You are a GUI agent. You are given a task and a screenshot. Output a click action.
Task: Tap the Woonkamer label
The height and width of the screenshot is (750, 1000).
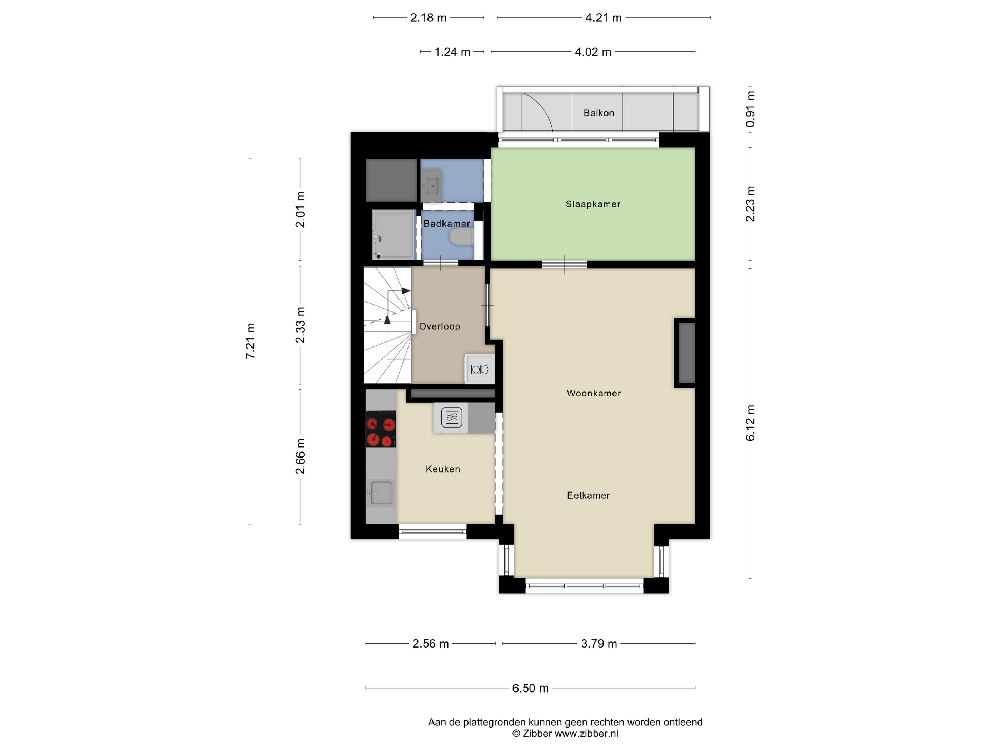coord(594,393)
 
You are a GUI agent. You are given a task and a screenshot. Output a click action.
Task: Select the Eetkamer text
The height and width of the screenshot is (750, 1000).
coord(588,495)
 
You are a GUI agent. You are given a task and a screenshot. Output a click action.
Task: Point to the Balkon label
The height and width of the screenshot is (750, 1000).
coord(599,113)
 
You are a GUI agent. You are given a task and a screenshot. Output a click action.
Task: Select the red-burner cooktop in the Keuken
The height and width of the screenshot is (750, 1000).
coord(381,429)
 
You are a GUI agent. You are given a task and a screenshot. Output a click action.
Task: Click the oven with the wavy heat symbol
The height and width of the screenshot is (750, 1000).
coord(451,417)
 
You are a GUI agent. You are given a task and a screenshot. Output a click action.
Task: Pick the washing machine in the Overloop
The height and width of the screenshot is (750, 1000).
coord(480,369)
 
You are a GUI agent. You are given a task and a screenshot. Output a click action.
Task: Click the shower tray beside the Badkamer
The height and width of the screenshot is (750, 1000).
coord(393,235)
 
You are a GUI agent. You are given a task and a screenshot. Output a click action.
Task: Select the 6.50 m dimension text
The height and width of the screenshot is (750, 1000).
coord(530,688)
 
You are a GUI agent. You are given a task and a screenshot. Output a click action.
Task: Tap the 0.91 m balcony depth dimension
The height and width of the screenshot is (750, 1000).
coord(750,109)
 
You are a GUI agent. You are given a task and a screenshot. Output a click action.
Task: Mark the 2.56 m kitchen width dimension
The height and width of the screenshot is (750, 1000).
coord(430,643)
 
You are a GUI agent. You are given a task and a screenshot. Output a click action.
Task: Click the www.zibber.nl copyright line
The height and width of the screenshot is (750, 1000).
coord(565,734)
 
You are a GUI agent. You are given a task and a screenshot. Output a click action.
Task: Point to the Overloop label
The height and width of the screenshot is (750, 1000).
coord(439,326)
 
